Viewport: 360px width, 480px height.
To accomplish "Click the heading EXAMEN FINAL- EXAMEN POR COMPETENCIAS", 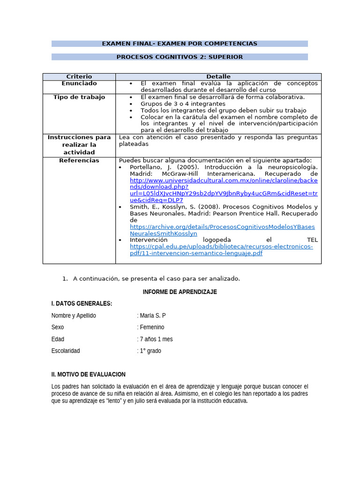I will point(180,44).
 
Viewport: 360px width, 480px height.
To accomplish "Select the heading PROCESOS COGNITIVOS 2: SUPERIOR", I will point(180,57).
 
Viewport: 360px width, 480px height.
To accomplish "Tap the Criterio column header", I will point(79,76).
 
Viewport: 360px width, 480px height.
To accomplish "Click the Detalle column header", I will point(218,76).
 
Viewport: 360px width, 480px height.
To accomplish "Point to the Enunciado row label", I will point(79,83).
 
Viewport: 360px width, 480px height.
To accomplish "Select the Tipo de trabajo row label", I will point(79,97).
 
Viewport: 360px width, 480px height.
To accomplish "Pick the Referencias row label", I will point(79,160).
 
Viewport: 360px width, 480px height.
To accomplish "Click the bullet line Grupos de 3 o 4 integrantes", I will point(183,104).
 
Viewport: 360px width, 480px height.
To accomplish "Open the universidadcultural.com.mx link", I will point(224,187).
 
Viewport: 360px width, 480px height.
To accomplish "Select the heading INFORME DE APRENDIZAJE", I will point(180,292).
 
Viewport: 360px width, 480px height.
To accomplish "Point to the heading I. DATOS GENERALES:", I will point(82,303).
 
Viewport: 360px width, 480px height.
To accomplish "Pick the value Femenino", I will point(152,327).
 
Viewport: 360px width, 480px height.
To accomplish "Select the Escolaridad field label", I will point(66,351).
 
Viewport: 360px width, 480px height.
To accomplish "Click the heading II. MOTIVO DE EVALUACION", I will point(88,374).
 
